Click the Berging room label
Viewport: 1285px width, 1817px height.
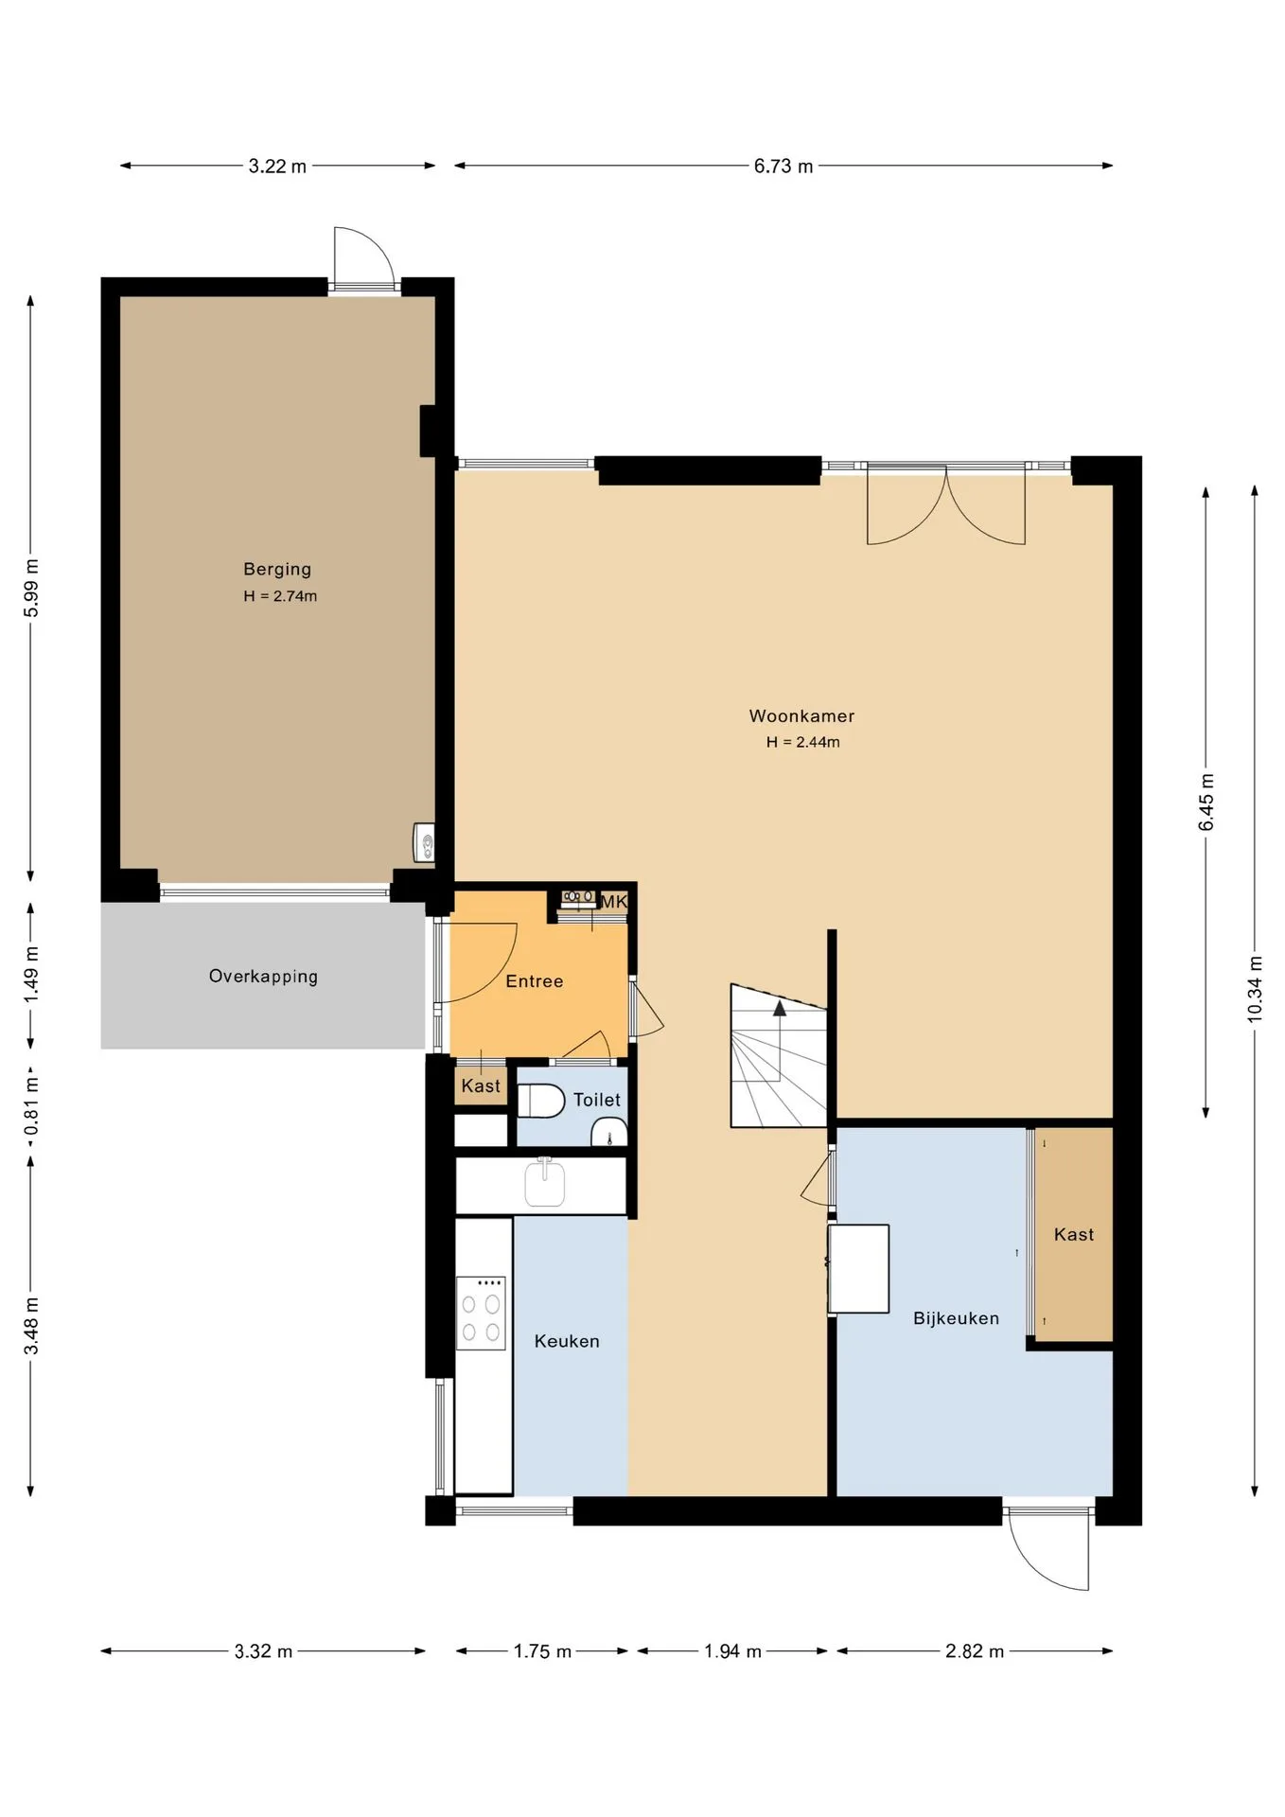click(x=277, y=569)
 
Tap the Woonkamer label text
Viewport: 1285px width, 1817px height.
click(x=801, y=716)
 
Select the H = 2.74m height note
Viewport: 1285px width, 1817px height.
click(x=280, y=596)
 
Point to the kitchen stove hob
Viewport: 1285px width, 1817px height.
click(x=481, y=1313)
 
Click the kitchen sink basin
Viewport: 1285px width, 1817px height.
click(x=544, y=1183)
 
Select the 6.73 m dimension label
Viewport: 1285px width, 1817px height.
click(x=783, y=167)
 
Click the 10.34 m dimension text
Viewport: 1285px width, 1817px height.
click(x=1255, y=989)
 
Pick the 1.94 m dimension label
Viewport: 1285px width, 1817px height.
click(x=732, y=1651)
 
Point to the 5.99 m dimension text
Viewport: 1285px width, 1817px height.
click(x=31, y=588)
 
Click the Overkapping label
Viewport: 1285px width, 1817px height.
click(x=263, y=977)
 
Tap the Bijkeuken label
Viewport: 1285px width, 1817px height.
click(x=956, y=1318)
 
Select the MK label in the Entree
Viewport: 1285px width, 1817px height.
click(x=614, y=902)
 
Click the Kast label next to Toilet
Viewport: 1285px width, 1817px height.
click(x=481, y=1086)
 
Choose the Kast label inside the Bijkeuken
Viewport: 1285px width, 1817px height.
click(x=1073, y=1235)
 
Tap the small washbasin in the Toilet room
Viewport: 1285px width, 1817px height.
click(x=609, y=1133)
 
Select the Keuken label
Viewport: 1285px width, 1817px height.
click(x=567, y=1341)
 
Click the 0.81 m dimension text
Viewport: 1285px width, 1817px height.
click(x=31, y=1103)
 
